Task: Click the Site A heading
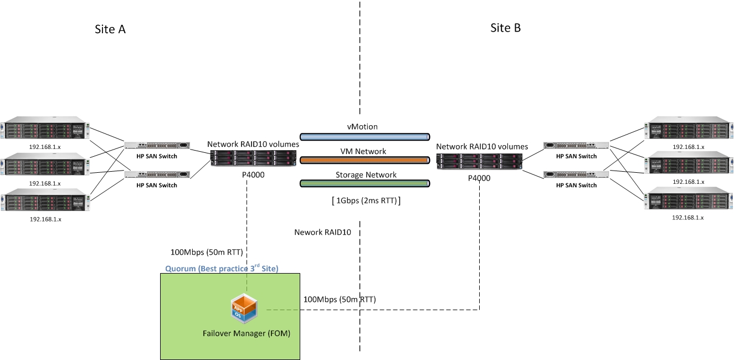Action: tap(110, 29)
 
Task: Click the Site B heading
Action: tap(505, 28)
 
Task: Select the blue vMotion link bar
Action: tap(365, 136)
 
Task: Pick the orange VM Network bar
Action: tap(365, 160)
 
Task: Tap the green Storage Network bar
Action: tap(365, 183)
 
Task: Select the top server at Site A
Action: tap(45, 130)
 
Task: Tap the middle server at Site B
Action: tap(687, 164)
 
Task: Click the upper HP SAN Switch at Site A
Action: tap(157, 146)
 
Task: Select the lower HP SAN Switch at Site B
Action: tap(576, 174)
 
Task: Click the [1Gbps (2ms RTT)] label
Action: tap(365, 201)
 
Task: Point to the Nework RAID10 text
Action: tap(322, 232)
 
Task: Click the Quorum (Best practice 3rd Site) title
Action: tap(222, 268)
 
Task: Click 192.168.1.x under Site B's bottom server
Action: tap(687, 218)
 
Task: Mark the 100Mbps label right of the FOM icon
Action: tap(340, 300)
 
